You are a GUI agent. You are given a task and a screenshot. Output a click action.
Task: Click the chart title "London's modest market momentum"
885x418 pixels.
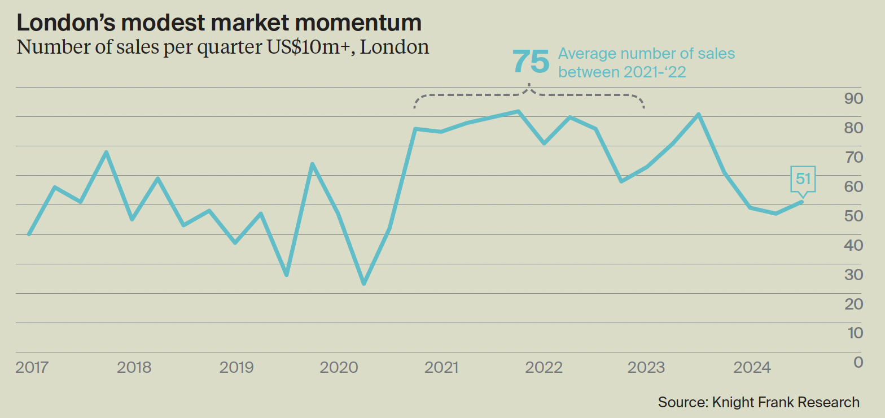[219, 23]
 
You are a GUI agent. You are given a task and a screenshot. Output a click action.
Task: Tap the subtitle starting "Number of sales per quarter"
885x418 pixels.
[223, 46]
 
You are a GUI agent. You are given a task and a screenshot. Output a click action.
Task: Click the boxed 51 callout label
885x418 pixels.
[803, 179]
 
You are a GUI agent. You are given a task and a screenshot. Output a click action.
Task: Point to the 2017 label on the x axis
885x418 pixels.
[32, 368]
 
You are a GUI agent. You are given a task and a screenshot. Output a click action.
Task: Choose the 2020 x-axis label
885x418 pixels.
[339, 368]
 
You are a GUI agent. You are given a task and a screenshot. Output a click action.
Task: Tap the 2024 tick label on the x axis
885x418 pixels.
[752, 368]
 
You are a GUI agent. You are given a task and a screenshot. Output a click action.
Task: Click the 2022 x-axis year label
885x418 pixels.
[544, 368]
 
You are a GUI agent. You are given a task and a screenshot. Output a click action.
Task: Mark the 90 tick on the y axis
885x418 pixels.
[853, 99]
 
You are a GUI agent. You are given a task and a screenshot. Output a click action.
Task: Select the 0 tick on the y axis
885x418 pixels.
[858, 362]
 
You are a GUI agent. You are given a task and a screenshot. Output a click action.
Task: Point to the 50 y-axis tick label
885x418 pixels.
[853, 216]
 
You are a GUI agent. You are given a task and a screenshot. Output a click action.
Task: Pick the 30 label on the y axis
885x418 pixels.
[853, 275]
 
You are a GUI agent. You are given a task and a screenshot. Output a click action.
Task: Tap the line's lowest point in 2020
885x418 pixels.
[364, 284]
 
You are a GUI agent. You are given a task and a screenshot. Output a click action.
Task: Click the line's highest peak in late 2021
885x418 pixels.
[518, 111]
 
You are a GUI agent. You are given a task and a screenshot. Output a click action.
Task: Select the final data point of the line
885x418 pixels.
[801, 202]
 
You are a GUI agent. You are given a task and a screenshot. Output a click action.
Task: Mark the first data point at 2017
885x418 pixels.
[29, 234]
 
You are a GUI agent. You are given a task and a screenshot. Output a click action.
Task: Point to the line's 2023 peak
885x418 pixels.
[699, 115]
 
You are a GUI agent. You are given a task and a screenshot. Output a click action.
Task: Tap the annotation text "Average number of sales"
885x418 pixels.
[646, 54]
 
